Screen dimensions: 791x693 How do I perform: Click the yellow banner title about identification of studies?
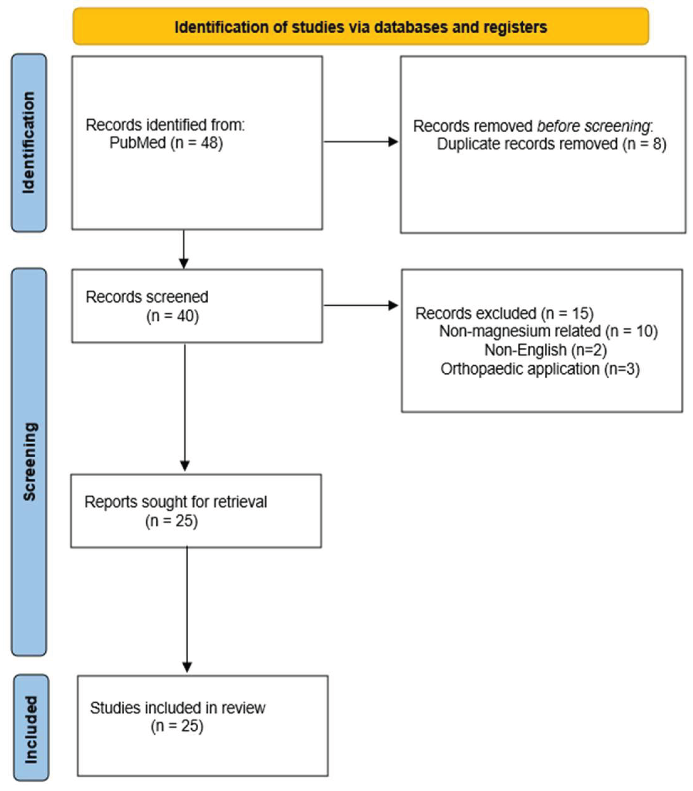click(360, 27)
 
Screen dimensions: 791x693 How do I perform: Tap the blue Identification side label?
click(29, 143)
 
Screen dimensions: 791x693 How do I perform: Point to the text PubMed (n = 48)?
click(166, 143)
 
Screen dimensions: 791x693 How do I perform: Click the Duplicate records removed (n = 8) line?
click(551, 144)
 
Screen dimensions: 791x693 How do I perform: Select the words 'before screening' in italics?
click(594, 126)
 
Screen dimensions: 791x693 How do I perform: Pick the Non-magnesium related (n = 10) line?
click(548, 331)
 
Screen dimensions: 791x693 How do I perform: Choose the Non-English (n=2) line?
click(545, 350)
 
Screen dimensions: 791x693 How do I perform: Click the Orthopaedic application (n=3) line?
click(540, 369)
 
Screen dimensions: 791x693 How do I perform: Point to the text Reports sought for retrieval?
click(176, 502)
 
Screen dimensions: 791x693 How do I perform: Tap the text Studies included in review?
click(178, 708)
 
